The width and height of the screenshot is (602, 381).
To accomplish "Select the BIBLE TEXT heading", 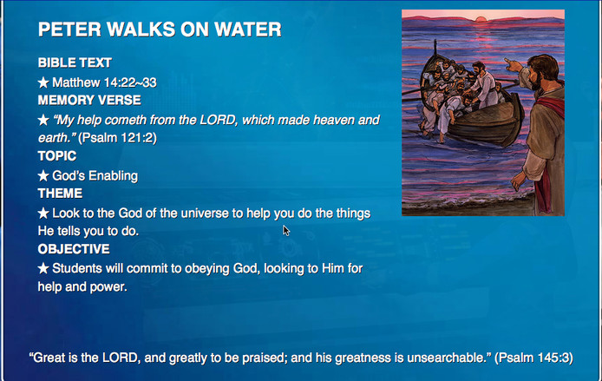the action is click(75, 62).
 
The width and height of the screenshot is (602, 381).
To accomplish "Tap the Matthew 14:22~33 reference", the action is click(104, 82).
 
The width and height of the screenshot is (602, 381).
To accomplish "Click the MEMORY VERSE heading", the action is click(89, 101).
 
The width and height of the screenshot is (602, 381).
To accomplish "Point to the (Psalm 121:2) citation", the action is click(117, 138).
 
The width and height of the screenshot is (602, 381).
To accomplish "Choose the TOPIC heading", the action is click(57, 156).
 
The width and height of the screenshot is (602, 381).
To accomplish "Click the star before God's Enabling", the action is click(43, 176).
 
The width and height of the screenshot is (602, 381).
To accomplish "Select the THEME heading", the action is click(60, 194).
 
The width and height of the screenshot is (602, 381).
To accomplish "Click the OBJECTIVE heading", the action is click(74, 249).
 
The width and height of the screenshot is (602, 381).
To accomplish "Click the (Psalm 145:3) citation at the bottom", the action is click(533, 358).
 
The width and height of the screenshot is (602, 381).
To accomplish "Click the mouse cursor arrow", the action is click(286, 231).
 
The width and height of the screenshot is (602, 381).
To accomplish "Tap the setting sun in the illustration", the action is click(481, 19).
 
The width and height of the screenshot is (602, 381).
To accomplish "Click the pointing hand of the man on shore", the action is click(512, 64).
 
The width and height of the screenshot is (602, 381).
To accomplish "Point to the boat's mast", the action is click(435, 48).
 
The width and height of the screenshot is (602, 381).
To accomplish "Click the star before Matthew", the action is click(43, 82).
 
